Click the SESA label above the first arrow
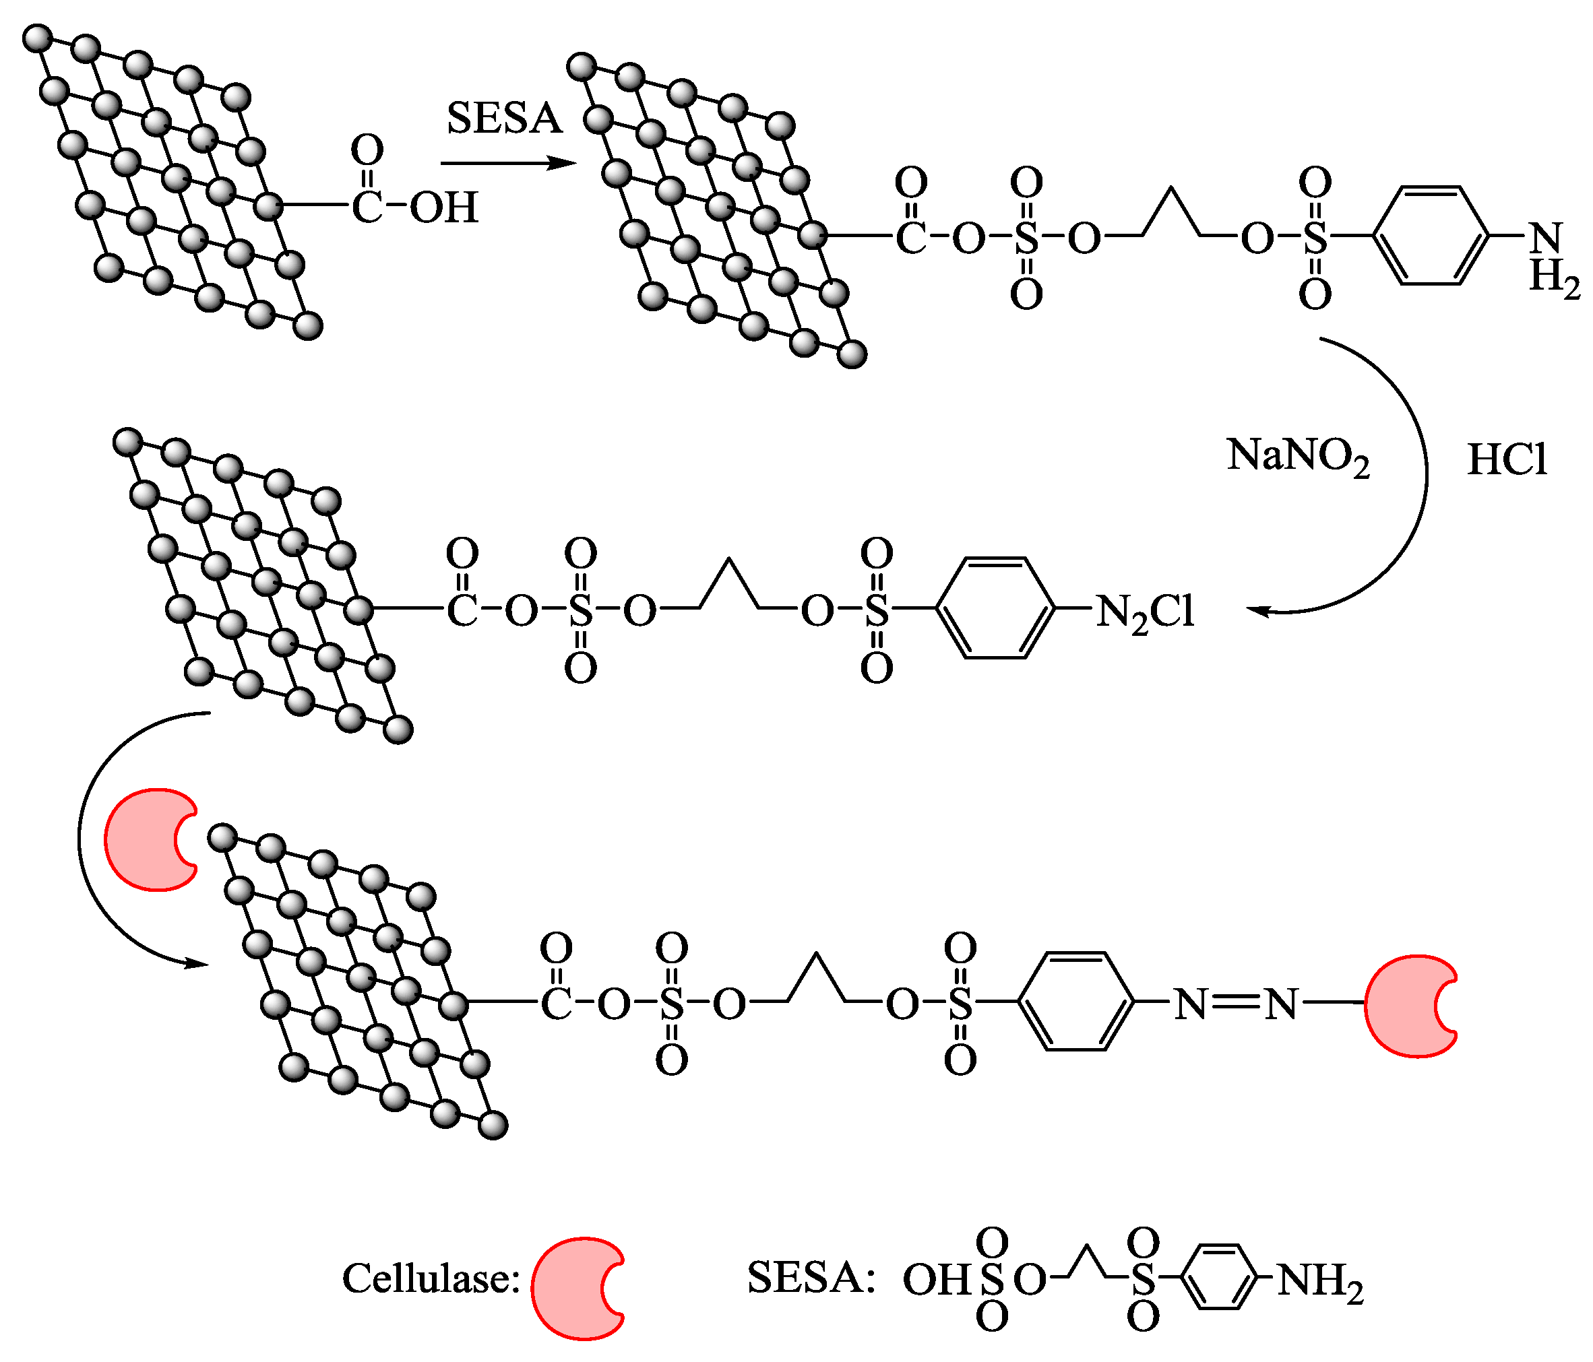click(x=504, y=119)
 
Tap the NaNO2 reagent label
click(x=1298, y=457)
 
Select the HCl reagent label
click(x=1507, y=461)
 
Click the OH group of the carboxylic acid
click(x=443, y=207)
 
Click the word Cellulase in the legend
click(x=431, y=1279)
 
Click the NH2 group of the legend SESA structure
click(x=1320, y=1281)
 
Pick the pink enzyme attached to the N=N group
click(x=1409, y=1006)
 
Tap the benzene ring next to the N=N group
click(x=1076, y=1002)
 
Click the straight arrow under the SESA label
click(x=507, y=163)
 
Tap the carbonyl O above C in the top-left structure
click(x=367, y=150)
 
